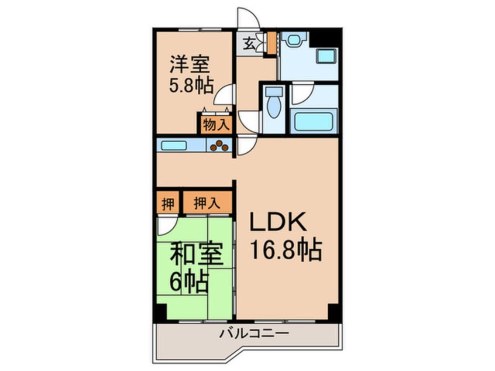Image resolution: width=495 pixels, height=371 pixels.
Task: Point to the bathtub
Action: click(314, 122)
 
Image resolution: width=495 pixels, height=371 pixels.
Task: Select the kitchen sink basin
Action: click(173, 145)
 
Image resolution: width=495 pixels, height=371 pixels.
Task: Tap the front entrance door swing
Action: click(247, 18)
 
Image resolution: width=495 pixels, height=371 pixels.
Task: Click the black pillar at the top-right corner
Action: click(325, 37)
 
